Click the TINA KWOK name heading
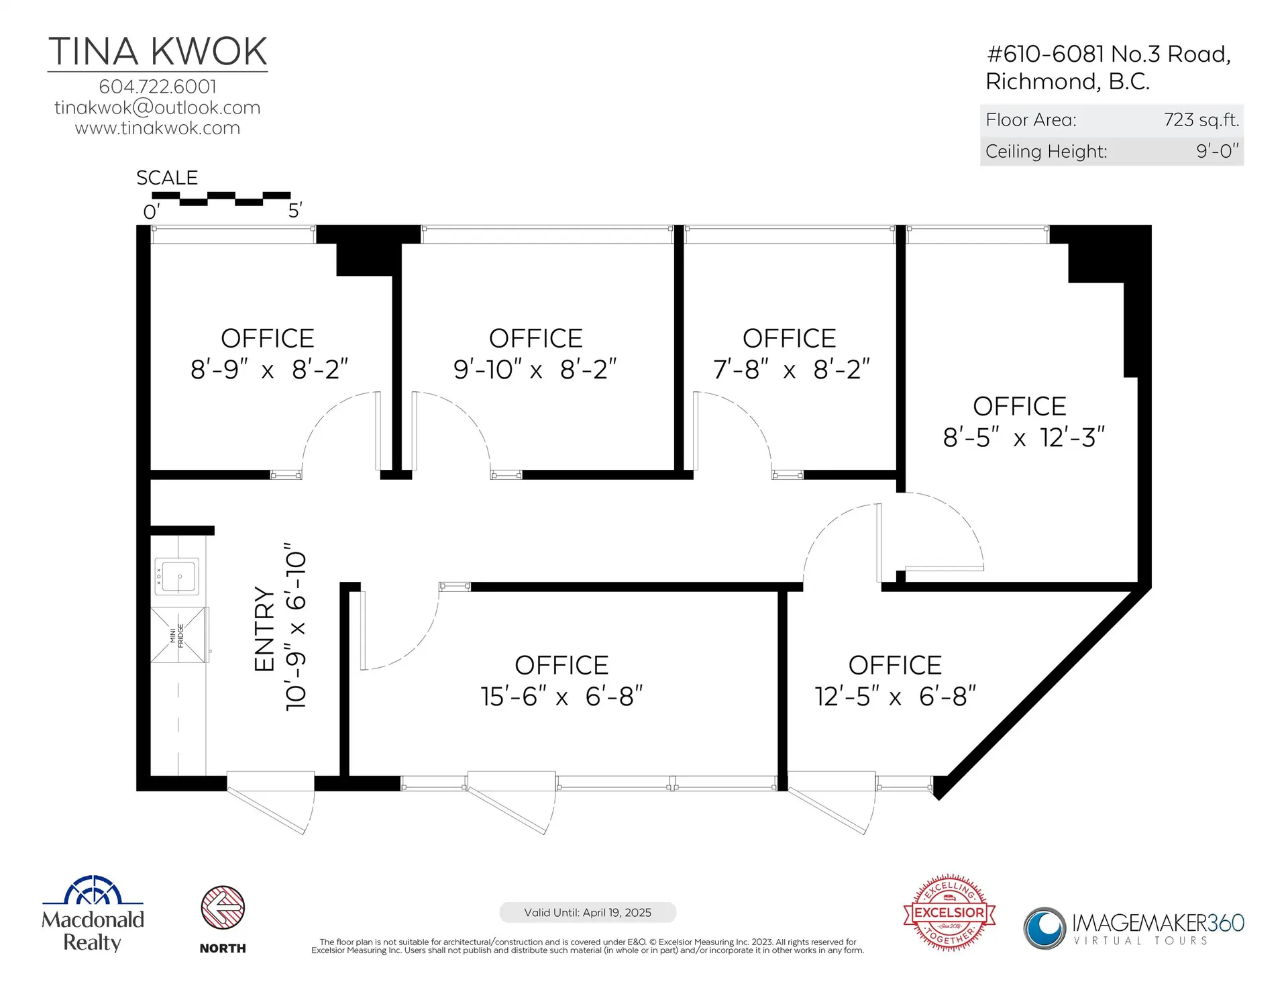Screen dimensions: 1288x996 click(x=158, y=52)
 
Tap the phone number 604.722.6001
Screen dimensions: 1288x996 click(x=158, y=87)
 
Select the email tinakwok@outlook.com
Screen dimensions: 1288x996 click(x=158, y=107)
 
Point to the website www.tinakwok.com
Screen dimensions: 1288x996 click(x=158, y=128)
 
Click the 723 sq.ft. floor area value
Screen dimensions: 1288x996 click(x=1201, y=120)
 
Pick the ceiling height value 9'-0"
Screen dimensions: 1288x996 click(x=1218, y=151)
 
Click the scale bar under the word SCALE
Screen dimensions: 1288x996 click(x=221, y=199)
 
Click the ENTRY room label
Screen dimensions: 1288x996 click(x=265, y=629)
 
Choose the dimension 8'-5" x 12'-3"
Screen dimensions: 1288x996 click(x=1024, y=438)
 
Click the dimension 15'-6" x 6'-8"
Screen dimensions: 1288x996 click(x=561, y=697)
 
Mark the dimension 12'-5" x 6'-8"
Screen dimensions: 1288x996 click(x=896, y=697)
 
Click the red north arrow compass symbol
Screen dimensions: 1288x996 click(x=223, y=907)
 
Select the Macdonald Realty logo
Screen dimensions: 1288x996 click(x=93, y=913)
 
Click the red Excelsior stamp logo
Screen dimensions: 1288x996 click(x=949, y=913)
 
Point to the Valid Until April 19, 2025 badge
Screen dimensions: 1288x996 click(x=588, y=913)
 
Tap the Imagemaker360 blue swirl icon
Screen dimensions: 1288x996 click(x=1044, y=928)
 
